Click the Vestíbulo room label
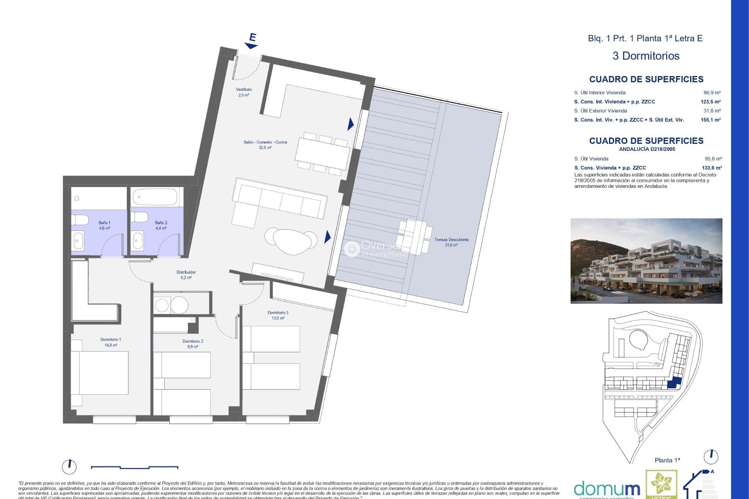pos(243,92)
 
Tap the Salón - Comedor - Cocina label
pos(265,145)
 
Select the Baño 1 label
pos(105,225)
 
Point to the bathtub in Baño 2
pos(155,197)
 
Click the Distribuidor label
pos(186,275)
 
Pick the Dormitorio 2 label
pos(193,344)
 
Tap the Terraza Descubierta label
pos(451,242)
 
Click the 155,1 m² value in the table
pos(710,120)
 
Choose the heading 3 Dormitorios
pos(646,56)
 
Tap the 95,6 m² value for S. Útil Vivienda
pos(713,159)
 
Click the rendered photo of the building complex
pos(646,261)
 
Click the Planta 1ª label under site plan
pos(667,460)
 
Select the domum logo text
pos(607,489)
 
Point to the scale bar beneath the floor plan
pos(135,467)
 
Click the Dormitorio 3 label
pos(278,315)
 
